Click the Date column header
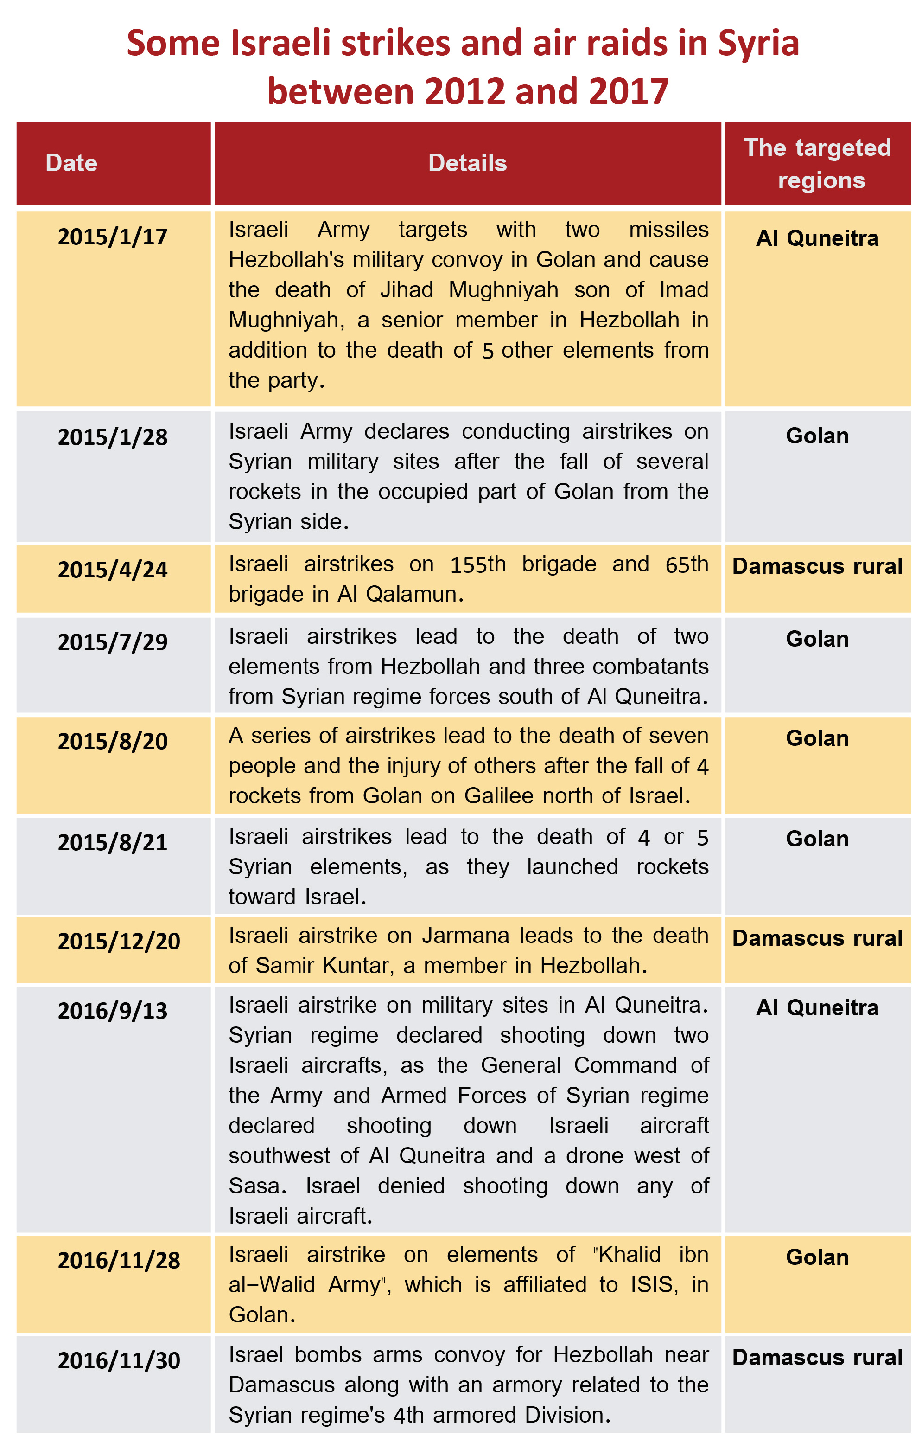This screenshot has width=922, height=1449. [x=71, y=163]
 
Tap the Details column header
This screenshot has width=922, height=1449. [x=467, y=163]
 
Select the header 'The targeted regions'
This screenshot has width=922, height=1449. [x=817, y=164]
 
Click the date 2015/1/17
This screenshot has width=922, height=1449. [x=113, y=237]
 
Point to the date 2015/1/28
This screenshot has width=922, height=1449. [x=113, y=437]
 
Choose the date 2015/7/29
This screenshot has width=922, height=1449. [x=113, y=642]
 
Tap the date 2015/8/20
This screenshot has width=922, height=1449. [x=113, y=741]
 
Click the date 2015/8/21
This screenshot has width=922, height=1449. [x=113, y=842]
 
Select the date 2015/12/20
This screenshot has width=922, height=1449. [x=119, y=941]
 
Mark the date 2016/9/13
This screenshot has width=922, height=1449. [x=113, y=1011]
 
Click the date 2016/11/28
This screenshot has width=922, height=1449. [x=119, y=1261]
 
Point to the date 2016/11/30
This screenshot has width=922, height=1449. [x=119, y=1360]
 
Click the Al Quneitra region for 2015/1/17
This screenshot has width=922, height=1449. [x=817, y=238]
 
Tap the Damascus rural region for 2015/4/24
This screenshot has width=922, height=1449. [x=817, y=566]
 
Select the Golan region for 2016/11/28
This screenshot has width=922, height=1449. [x=817, y=1257]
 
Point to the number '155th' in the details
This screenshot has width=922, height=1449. [x=478, y=564]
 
